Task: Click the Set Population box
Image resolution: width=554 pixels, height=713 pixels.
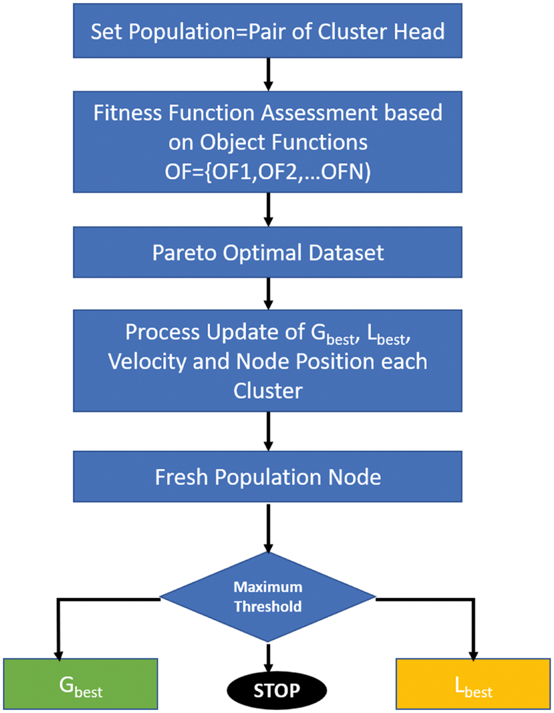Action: (x=268, y=31)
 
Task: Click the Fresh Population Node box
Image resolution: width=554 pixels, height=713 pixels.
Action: (x=268, y=477)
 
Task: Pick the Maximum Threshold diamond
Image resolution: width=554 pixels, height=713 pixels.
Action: (x=268, y=596)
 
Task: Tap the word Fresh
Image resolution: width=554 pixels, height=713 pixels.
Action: (x=181, y=477)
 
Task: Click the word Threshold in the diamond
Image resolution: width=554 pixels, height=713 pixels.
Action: (x=268, y=606)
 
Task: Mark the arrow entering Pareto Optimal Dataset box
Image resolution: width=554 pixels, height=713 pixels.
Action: (x=268, y=211)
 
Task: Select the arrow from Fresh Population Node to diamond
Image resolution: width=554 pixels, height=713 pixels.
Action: (x=268, y=528)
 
